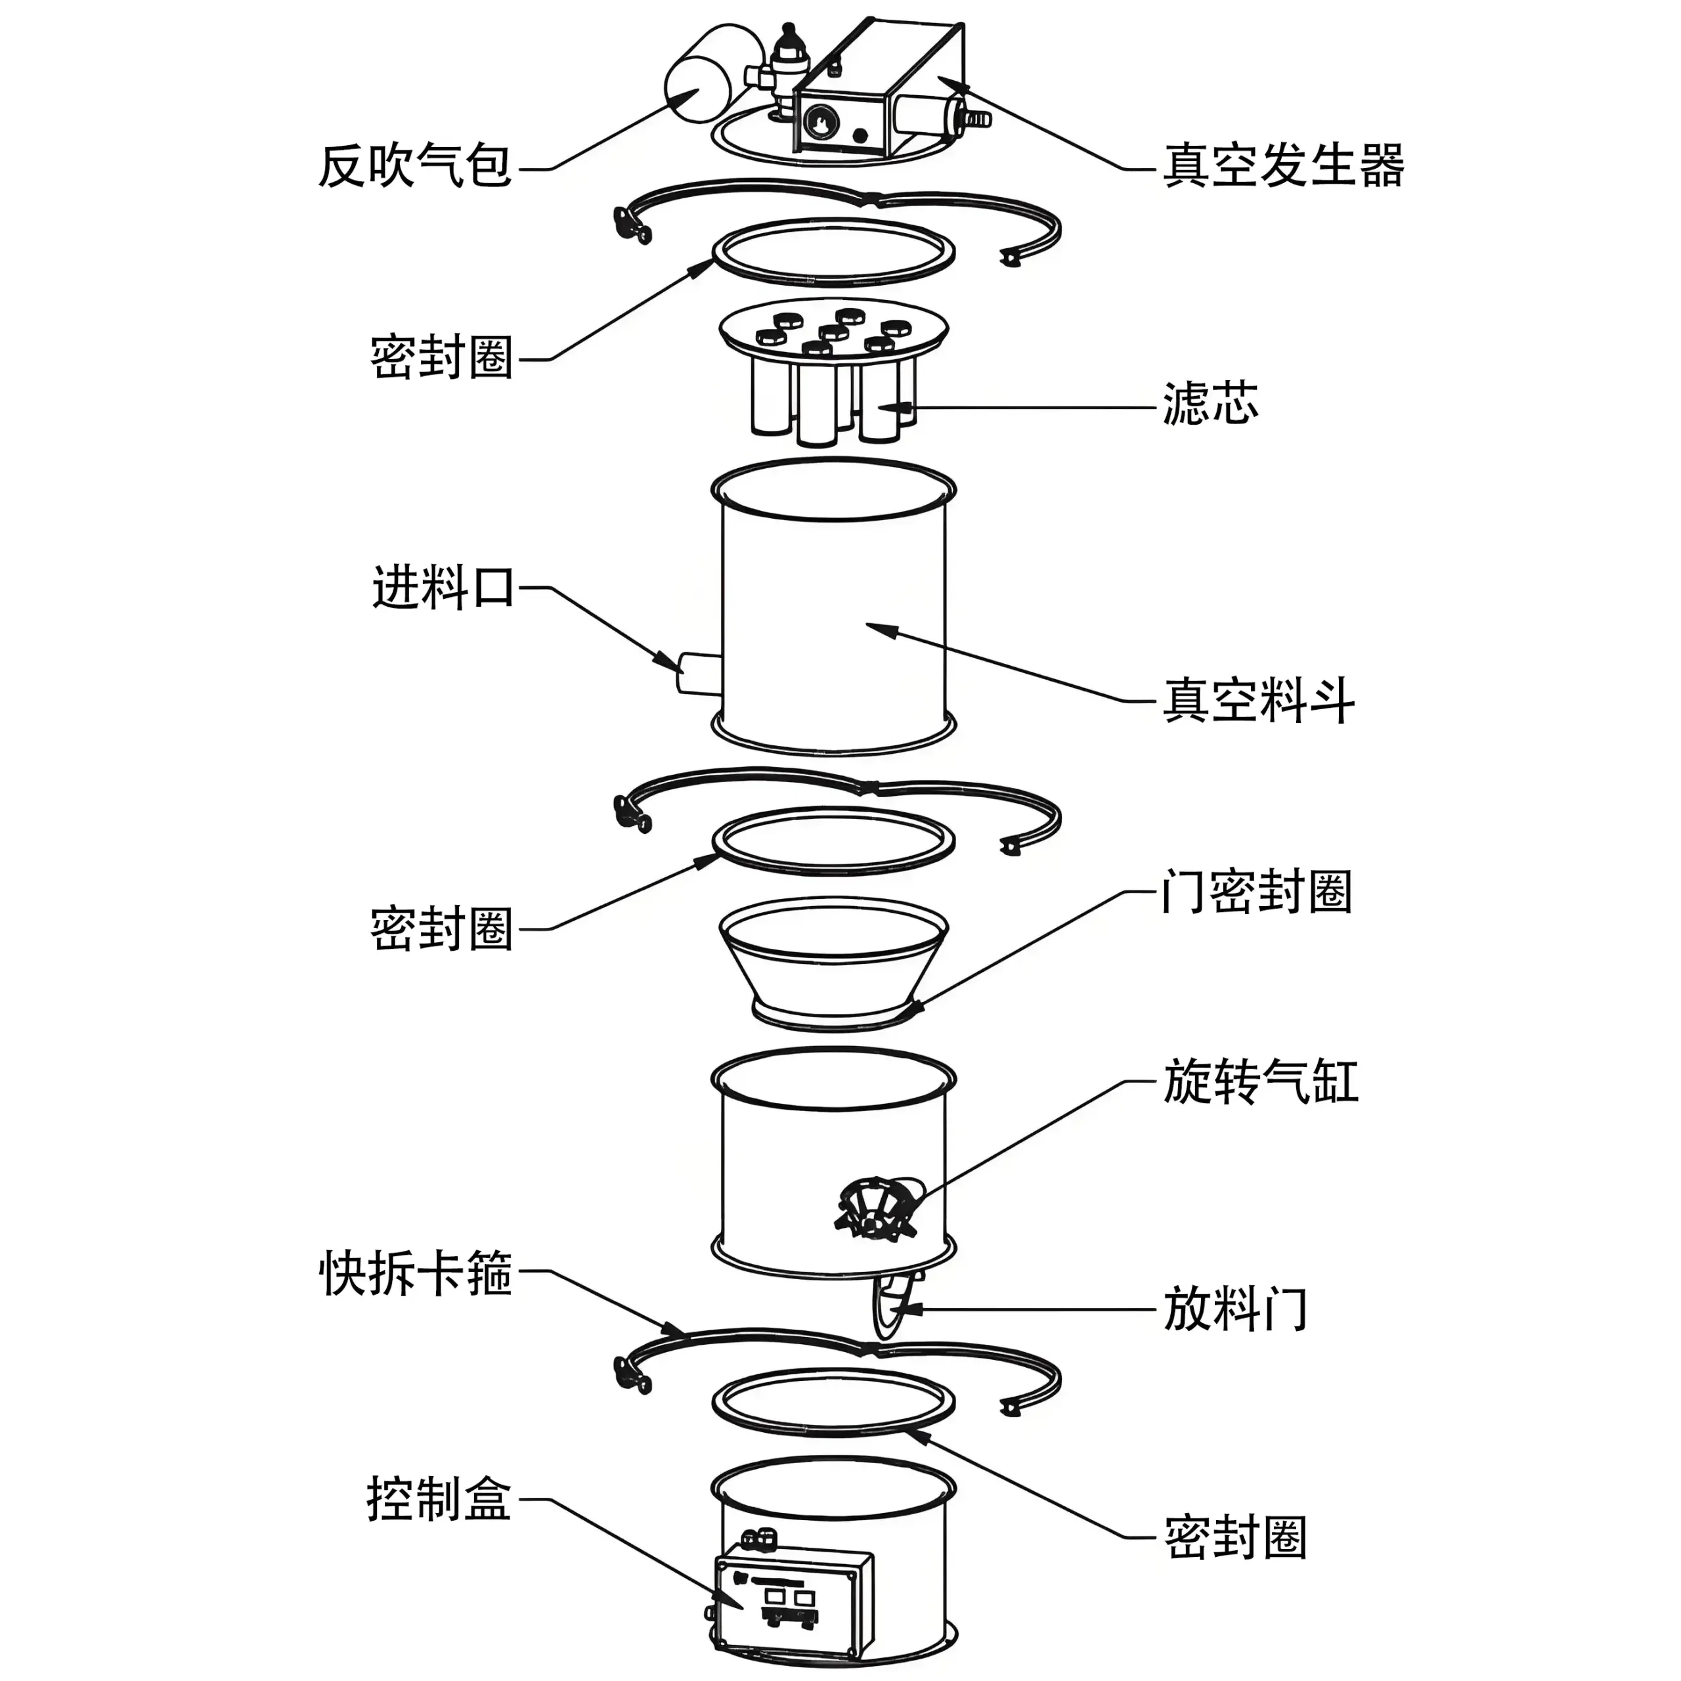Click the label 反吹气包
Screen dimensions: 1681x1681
tap(414, 165)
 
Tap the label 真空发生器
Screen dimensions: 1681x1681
tap(1283, 165)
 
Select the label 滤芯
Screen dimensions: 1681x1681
tap(1210, 404)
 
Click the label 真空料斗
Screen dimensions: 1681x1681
tap(1258, 701)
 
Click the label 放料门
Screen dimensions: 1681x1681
tap(1236, 1309)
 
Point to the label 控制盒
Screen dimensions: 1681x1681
tap(439, 1498)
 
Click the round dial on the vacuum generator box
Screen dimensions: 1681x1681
tap(819, 123)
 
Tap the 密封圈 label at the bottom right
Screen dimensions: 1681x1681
tap(1236, 1537)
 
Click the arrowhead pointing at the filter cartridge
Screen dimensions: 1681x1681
tap(905, 406)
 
